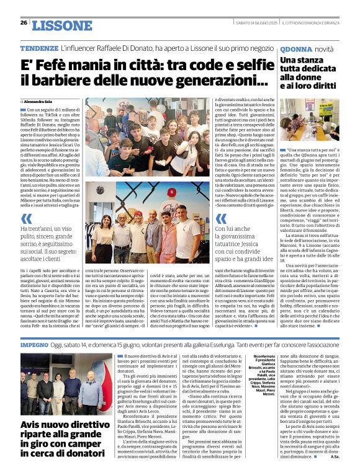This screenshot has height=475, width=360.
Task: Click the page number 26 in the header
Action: coord(24,23)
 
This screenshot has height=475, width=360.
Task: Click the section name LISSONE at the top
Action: coord(61,25)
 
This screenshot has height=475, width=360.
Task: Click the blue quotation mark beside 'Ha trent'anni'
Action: coord(26,218)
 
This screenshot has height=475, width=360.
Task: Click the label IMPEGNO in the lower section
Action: coord(34,343)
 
